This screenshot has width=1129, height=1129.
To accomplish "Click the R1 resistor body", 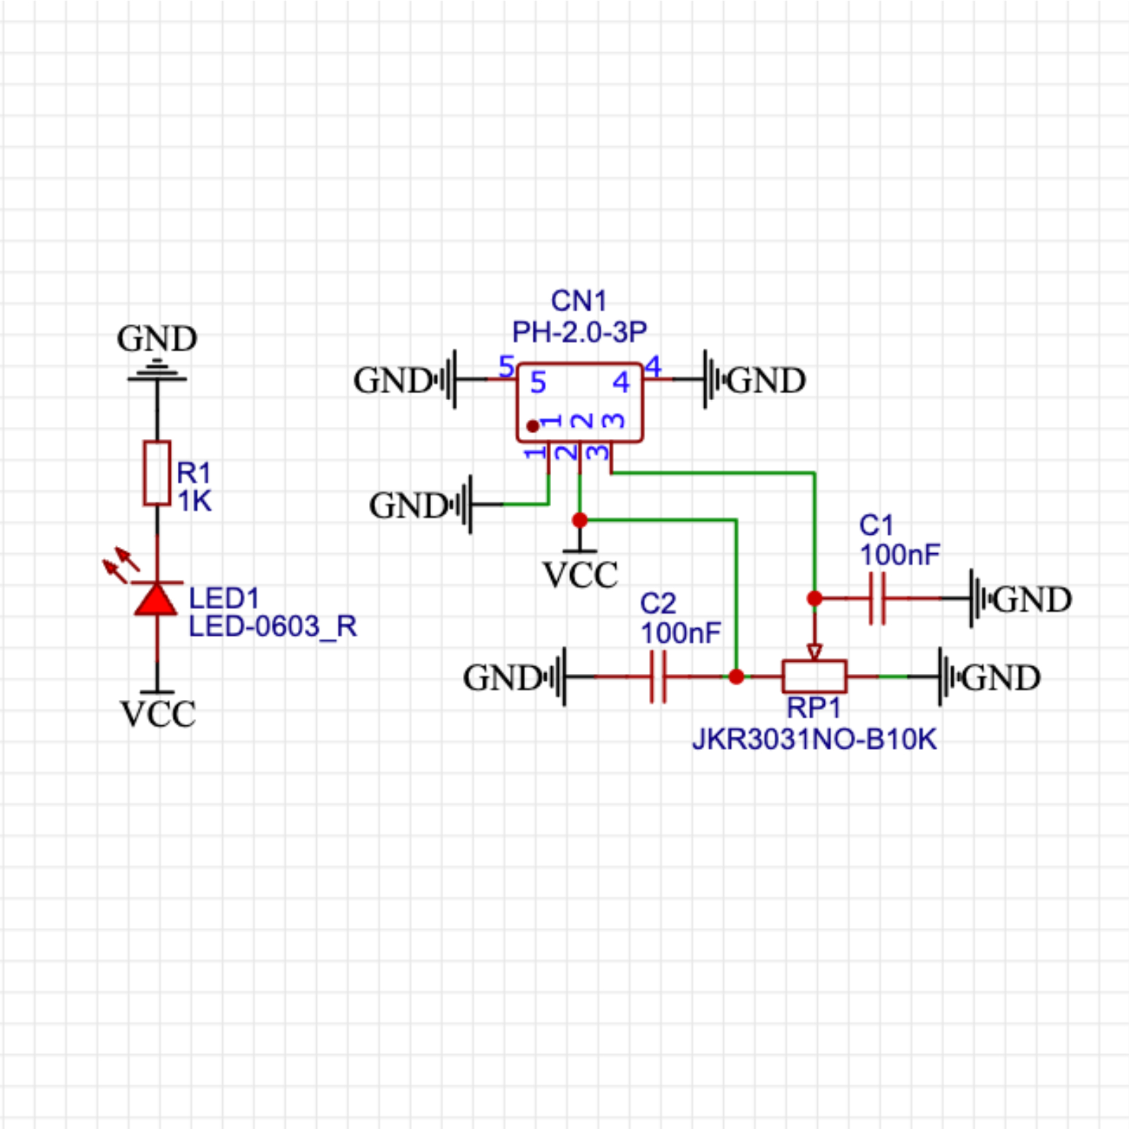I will pos(157,473).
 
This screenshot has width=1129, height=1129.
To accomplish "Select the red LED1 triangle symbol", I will pos(156,600).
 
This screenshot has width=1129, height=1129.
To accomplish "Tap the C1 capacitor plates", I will pos(877,598).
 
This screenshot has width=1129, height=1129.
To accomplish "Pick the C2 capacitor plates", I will pos(658,677).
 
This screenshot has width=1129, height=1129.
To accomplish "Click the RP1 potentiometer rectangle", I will pos(814,677).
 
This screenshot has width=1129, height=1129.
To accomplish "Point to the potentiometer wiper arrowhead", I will pos(814,651).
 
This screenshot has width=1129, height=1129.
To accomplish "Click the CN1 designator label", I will pos(579,301).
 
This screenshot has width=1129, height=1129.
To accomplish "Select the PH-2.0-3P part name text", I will pos(579,332).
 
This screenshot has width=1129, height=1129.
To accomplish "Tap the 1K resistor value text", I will pos(194,502).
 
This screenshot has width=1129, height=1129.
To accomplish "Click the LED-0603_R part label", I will pos(272,627).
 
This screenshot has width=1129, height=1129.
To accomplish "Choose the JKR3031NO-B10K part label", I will pos(814,739).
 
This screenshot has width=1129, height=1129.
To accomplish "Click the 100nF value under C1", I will pos(900,555).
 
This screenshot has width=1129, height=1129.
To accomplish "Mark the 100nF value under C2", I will pos(680,634).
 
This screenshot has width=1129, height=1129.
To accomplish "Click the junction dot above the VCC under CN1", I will pos(580,521).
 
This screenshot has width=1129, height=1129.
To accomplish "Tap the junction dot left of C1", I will pos(814,598).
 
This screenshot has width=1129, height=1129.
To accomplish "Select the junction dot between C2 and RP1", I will pos(736,677).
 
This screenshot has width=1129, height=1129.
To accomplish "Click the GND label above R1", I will pos(157,339).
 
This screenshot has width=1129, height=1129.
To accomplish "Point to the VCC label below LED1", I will pos(158,714).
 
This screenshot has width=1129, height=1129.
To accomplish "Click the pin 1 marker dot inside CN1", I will pos(533,426).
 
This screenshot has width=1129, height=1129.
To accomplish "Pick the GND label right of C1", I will pos(1033,600).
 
